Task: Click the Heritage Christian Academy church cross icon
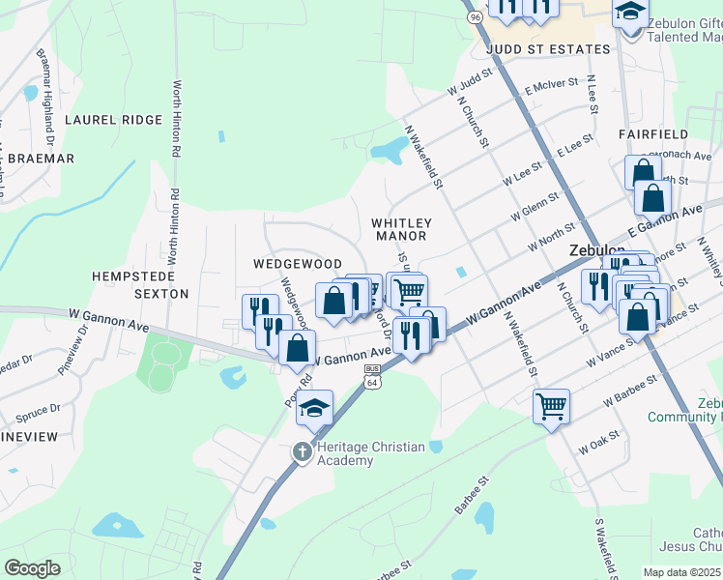302,451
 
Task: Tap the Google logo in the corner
32,568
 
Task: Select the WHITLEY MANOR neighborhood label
400,229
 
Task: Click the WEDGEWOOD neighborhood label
298,264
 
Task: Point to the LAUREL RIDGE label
113,120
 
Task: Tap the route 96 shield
474,16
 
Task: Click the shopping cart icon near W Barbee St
551,406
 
